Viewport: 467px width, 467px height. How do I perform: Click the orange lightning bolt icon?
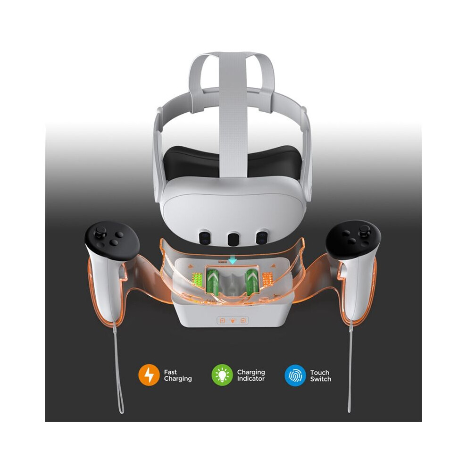point(149,375)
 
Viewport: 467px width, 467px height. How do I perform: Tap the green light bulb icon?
point(222,375)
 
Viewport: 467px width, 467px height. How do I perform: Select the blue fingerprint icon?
point(295,375)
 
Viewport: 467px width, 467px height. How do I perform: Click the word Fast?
point(170,372)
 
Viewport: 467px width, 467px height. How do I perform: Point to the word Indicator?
point(251,378)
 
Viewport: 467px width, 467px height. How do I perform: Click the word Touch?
point(319,373)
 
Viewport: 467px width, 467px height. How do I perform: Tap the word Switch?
point(320,379)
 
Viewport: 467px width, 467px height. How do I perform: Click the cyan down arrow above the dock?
point(233,261)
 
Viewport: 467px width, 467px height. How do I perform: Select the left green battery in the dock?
point(213,282)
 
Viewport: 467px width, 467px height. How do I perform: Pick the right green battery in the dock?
point(251,282)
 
